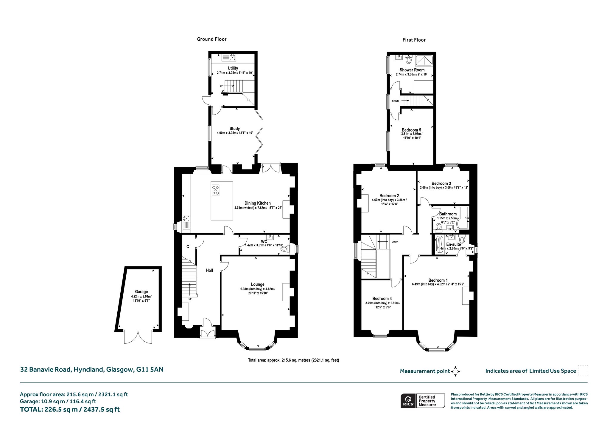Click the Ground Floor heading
coord(212,39)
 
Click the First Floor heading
coord(414,40)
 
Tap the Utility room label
coord(233,68)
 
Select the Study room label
coord(235,129)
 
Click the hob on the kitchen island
coord(215,190)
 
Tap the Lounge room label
coord(258,284)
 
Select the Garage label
coord(141,292)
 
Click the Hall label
coord(210,270)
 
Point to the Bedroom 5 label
coord(411,130)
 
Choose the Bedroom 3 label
coord(441,183)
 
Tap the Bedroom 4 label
coord(382,299)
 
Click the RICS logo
coord(408,401)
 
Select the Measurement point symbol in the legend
coord(455,371)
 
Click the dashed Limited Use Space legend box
coord(583,371)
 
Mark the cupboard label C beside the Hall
coord(188,247)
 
